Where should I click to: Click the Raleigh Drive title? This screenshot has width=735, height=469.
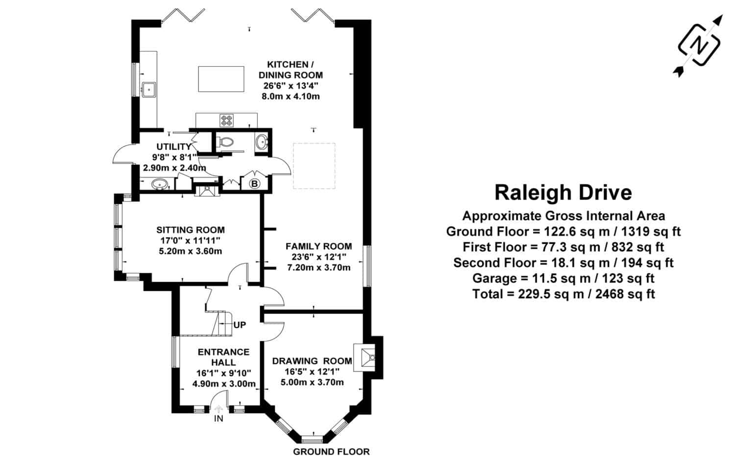(x=563, y=193)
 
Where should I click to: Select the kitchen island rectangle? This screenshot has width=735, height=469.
(x=220, y=79)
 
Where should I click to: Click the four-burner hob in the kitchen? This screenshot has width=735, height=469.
(x=227, y=119)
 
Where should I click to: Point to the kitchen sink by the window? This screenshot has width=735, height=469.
(x=148, y=89)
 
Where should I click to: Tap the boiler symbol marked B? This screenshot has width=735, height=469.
(x=255, y=184)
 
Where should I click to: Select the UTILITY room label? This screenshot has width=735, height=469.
(x=173, y=147)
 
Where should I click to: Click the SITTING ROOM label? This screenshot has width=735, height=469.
(x=191, y=230)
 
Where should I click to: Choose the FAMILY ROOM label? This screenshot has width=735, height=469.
(x=318, y=246)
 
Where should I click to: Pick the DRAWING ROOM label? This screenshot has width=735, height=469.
(x=312, y=361)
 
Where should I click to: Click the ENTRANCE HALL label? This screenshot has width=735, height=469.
(x=223, y=357)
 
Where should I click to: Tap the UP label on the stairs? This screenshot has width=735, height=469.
(x=240, y=325)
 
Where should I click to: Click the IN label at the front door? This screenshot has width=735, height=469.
(x=219, y=418)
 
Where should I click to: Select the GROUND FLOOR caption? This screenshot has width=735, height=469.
(x=331, y=452)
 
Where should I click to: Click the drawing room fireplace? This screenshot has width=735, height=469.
(x=367, y=357)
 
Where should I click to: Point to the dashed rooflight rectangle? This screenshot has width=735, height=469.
(x=314, y=166)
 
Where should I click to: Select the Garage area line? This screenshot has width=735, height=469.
(x=563, y=279)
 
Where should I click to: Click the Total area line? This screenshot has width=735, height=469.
(x=563, y=294)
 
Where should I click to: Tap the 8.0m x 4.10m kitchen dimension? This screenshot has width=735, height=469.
(x=291, y=97)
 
